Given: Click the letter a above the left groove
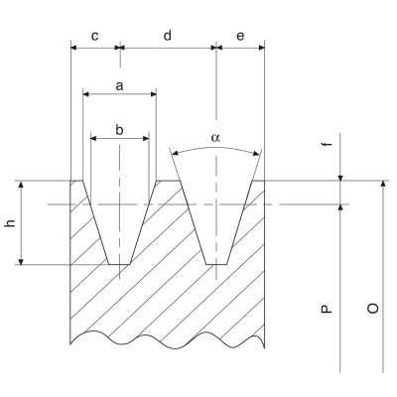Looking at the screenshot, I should [119, 86].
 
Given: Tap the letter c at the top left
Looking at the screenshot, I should [94, 36].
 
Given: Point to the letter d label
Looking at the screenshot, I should [168, 36].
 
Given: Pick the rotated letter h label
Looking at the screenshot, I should [11, 222].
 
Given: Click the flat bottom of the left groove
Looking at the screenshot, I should [119, 265].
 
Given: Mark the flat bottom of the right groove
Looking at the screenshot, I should [216, 265].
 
